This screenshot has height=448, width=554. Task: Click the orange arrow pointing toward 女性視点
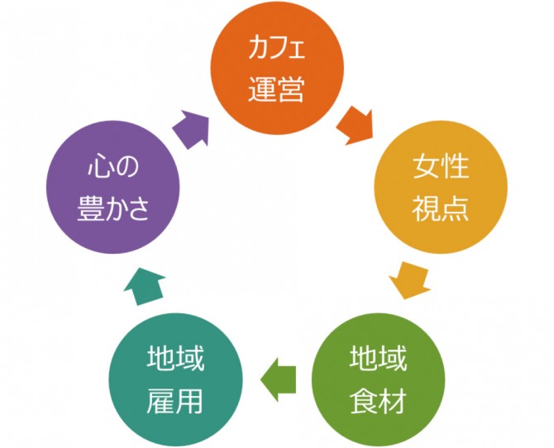[355, 124]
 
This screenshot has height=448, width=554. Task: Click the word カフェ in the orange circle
[276, 50]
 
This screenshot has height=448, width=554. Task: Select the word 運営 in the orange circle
[276, 87]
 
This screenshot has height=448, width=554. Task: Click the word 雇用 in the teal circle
[176, 400]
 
